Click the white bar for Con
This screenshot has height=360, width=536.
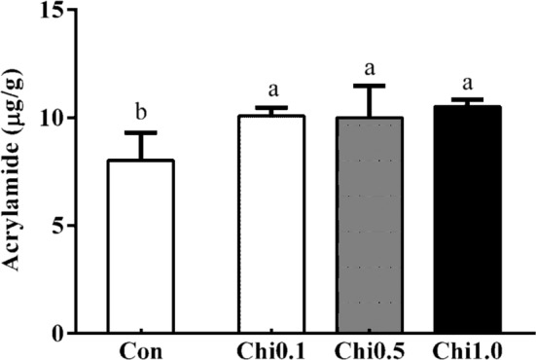point(140,247)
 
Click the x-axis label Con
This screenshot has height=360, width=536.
point(140,347)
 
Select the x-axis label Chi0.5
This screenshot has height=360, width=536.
point(369,347)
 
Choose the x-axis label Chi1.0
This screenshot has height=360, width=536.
point(466,347)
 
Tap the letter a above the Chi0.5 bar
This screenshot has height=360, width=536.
point(370,69)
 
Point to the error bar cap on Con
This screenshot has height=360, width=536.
point(140,132)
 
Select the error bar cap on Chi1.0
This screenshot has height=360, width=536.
point(466,99)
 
